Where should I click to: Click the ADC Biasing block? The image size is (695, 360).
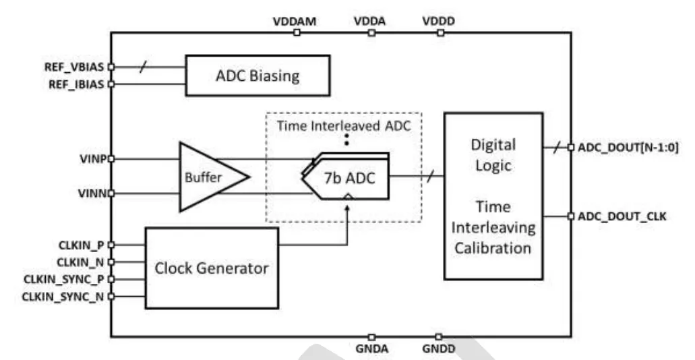pyautogui.click(x=258, y=76)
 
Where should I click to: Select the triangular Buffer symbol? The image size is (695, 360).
pyautogui.click(x=210, y=176)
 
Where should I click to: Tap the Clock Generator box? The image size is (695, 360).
pyautogui.click(x=212, y=268)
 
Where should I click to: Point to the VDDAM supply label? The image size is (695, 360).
pyautogui.click(x=295, y=21)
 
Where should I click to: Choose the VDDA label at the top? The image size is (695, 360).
pyautogui.click(x=369, y=21)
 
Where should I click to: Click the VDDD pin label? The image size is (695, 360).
pyautogui.click(x=437, y=21)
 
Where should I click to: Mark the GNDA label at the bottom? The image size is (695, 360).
pyautogui.click(x=370, y=349)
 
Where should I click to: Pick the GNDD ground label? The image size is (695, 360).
pyautogui.click(x=438, y=349)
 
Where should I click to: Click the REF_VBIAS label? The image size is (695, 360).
pyautogui.click(x=75, y=67)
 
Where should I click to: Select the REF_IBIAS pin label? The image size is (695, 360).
pyautogui.click(x=75, y=84)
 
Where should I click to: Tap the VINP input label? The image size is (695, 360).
pyautogui.click(x=90, y=159)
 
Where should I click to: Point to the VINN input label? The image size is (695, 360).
pyautogui.click(x=90, y=193)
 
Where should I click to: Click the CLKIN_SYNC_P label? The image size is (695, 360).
pyautogui.click(x=64, y=278)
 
